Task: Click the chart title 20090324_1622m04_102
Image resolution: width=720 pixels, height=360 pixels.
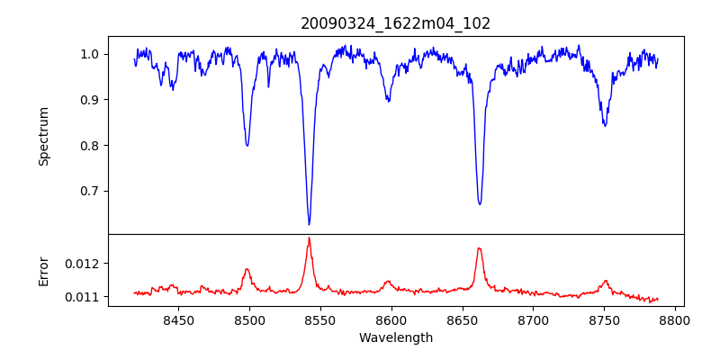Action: pos(395,23)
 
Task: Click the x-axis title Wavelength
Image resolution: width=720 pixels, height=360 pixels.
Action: pos(395,337)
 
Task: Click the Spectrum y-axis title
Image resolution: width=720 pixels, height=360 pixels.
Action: pos(43,136)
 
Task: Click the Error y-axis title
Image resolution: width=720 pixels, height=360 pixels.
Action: pos(43,270)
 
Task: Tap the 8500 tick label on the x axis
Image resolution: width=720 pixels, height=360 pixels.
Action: pos(249,319)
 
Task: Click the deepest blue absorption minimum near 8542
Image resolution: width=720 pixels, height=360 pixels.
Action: pos(309,224)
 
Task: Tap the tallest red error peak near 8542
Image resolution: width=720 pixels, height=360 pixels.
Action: pos(309,238)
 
